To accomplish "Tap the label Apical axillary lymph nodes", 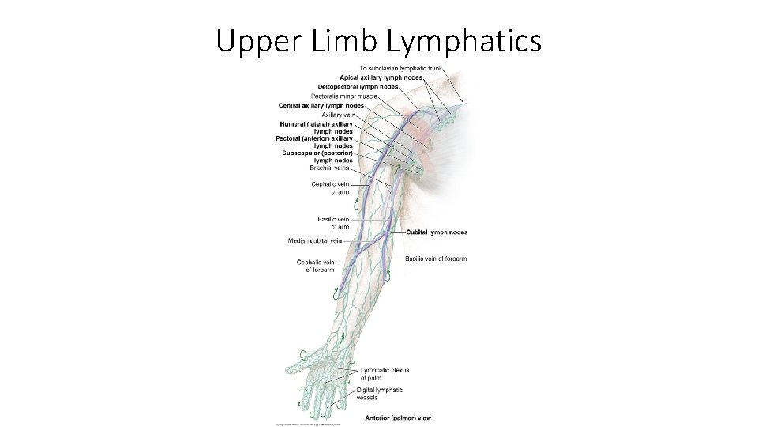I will [x=381, y=77].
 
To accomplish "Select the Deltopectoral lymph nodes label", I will [x=358, y=86].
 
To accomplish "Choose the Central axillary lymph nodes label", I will [x=321, y=105].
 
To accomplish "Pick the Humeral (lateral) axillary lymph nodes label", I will [x=316, y=127].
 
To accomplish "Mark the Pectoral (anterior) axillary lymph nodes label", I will [x=314, y=142].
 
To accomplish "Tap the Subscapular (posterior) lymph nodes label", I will [x=317, y=157].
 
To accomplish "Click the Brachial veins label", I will [x=330, y=168].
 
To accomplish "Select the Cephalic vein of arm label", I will [x=330, y=187].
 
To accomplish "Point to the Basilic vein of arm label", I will [x=333, y=222].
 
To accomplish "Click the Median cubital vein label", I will [x=314, y=240].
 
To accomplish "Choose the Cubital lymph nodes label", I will [x=437, y=232].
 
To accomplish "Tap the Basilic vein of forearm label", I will [x=436, y=259].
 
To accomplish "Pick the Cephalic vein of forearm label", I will [x=316, y=266].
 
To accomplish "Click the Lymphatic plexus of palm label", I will [x=385, y=374].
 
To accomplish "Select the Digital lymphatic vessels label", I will [x=379, y=393].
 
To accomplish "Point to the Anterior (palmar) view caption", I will [x=398, y=418].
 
